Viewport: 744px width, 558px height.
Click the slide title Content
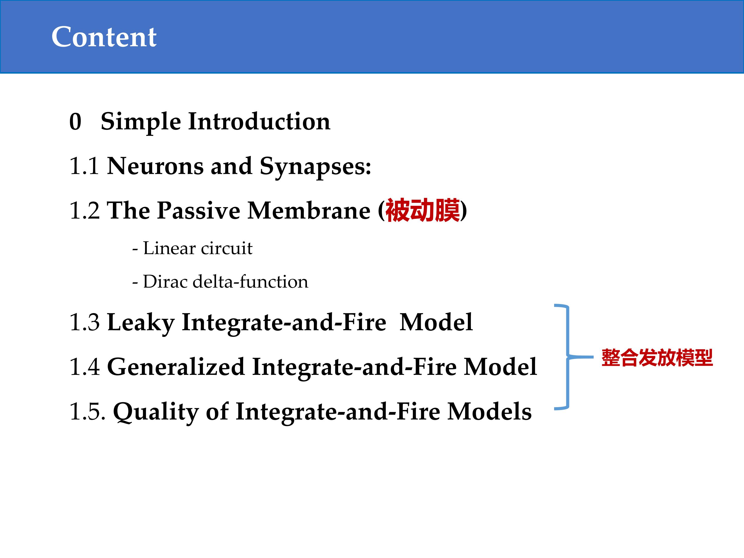(x=104, y=37)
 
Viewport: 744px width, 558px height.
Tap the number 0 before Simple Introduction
(x=75, y=121)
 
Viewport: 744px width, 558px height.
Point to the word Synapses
(x=315, y=167)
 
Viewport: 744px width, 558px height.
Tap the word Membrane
(x=309, y=211)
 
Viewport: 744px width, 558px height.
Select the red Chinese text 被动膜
(x=422, y=211)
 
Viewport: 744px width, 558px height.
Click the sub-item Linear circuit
(x=198, y=249)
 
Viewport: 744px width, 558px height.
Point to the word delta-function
(x=250, y=282)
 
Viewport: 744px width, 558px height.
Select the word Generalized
(x=176, y=367)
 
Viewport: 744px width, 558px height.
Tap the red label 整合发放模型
(x=657, y=358)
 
